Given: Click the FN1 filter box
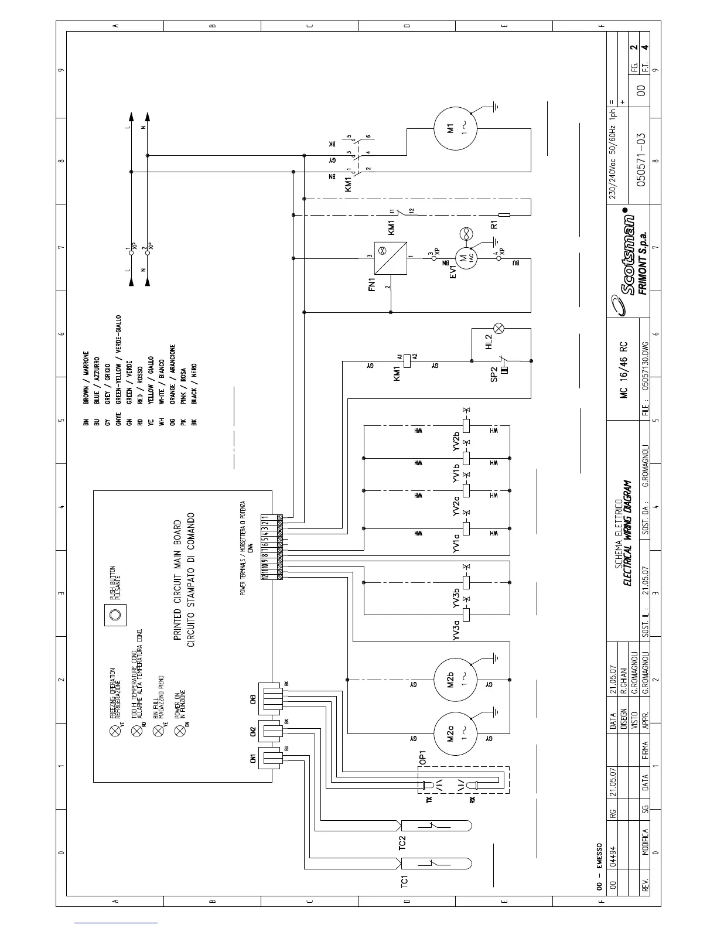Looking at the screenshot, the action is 391,258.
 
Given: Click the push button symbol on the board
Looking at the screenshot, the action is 115,615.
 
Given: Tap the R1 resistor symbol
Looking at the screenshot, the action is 504,215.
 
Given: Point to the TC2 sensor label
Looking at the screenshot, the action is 404,843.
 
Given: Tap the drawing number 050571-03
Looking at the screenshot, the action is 641,159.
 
